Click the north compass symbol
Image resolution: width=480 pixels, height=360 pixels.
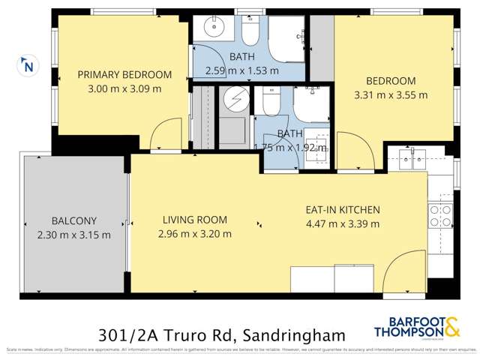[28, 66]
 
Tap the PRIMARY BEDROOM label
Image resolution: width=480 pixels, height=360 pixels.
[124, 75]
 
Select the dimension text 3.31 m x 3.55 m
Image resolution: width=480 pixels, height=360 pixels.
[390, 95]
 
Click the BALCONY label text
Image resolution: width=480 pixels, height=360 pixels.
[74, 221]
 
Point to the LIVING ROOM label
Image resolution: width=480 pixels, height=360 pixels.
[195, 220]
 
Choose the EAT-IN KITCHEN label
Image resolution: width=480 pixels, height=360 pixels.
[343, 210]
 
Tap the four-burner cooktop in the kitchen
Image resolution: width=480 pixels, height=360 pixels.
[439, 215]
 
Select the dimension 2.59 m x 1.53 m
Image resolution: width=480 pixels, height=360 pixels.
[242, 71]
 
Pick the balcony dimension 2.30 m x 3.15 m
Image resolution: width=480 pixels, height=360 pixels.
[74, 234]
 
